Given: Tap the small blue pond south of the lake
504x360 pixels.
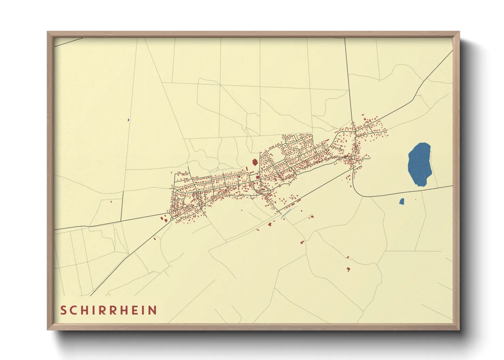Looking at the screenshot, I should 401,201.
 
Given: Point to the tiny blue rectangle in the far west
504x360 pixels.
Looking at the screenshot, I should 128,120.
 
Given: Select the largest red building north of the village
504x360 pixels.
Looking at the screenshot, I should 254,162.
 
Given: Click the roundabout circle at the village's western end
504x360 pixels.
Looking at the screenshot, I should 172,219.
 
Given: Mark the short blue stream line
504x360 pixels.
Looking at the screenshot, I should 287,213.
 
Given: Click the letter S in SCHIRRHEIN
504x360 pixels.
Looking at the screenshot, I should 63,310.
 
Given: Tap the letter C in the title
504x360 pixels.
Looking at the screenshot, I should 75,310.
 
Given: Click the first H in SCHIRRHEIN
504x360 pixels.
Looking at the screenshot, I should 88,310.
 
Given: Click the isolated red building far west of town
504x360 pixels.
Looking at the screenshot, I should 111,202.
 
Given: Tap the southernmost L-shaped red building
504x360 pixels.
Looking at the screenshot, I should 348,269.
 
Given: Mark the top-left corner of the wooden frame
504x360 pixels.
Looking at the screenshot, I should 48,32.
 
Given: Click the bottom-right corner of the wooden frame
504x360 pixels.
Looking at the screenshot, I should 459,329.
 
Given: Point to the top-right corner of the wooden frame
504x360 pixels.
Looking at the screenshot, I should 459,32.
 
